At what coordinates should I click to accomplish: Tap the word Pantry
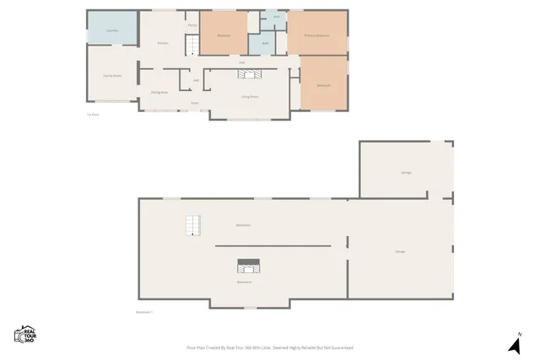(x=192, y=26)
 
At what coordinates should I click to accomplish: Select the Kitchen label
(x=163, y=43)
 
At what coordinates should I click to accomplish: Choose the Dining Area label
(x=159, y=92)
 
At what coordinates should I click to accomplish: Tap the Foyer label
(x=195, y=103)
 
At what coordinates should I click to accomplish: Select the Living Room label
(x=250, y=97)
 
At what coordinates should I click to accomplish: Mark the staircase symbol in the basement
(x=195, y=226)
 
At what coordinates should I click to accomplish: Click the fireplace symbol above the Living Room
(x=249, y=74)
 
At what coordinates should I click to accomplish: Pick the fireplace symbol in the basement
(x=249, y=266)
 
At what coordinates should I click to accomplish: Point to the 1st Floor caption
(x=92, y=116)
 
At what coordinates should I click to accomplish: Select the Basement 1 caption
(x=144, y=311)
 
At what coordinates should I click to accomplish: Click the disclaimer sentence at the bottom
(x=270, y=347)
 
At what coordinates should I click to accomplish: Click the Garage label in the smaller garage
(x=406, y=172)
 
